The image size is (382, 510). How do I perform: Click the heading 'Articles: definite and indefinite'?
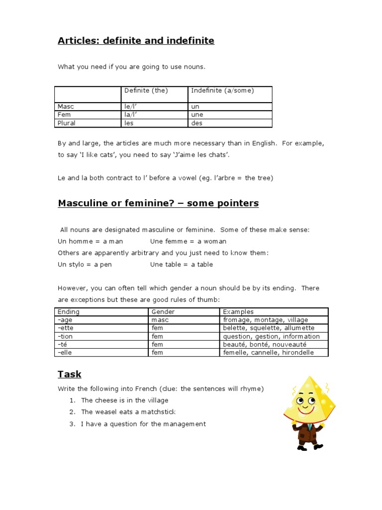coord(136,41)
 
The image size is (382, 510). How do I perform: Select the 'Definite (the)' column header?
coord(146,91)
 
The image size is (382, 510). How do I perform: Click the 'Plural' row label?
coord(66,123)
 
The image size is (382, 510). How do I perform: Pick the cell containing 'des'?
coord(196,123)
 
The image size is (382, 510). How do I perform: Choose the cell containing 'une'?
coord(197,115)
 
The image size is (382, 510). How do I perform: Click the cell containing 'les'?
coord(129,123)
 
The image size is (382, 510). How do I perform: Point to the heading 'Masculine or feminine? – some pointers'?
coord(158,203)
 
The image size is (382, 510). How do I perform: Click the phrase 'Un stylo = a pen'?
coord(85,264)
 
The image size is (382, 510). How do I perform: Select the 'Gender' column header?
coord(163,312)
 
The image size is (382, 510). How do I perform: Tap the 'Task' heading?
coord(69,374)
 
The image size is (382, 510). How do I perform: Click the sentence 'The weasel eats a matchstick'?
coord(128,412)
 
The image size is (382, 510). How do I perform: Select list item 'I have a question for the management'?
coord(143,424)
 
